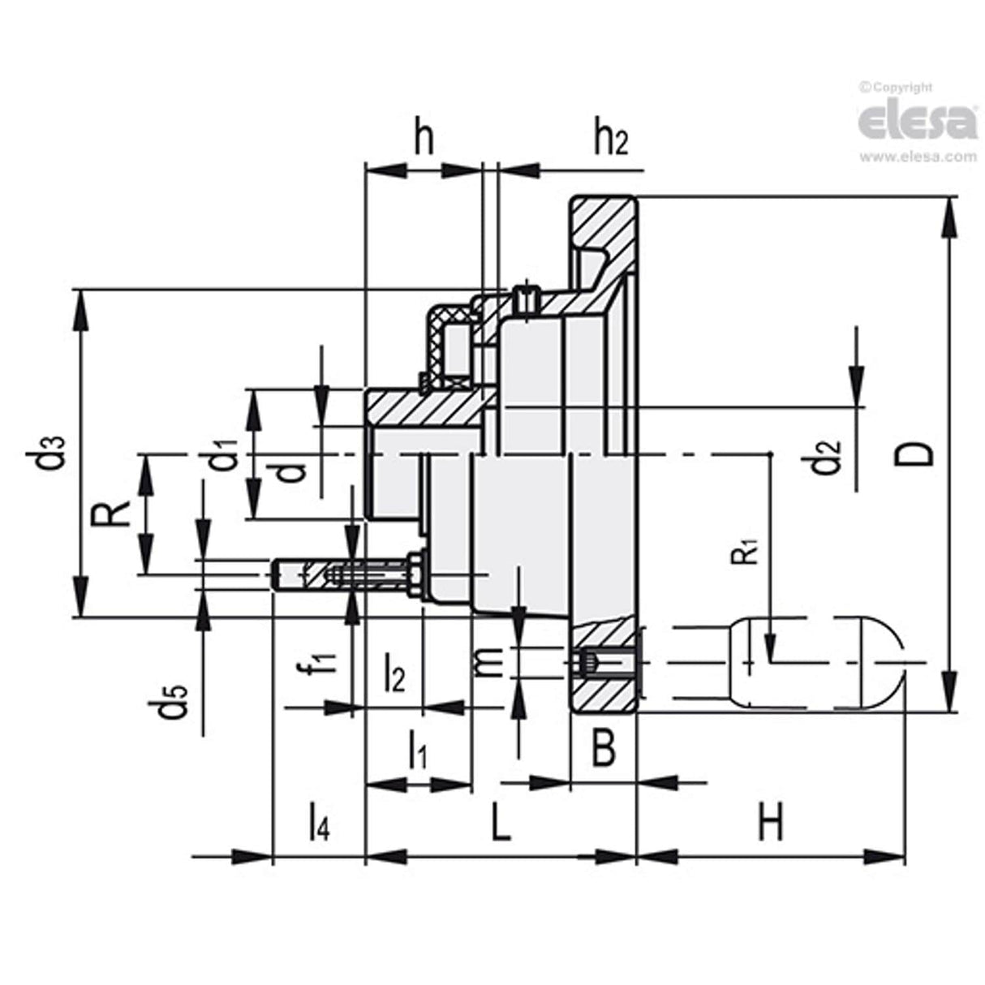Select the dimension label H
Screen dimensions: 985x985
(771, 822)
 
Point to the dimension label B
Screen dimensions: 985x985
(602, 748)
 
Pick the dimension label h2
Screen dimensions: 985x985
(610, 140)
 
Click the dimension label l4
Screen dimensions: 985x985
(319, 822)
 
